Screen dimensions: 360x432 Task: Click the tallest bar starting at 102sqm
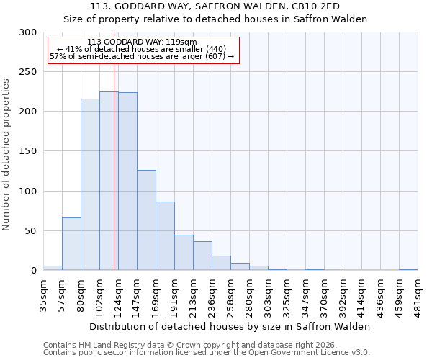[x=109, y=181]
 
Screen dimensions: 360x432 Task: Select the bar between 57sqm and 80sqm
[x=71, y=243]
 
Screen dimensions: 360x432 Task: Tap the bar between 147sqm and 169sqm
[x=146, y=220]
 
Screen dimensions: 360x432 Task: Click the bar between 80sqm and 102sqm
[x=90, y=184]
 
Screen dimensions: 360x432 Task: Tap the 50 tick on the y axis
[x=32, y=231]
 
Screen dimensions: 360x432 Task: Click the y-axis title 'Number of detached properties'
[x=6, y=155]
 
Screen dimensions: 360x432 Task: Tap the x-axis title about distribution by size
[x=230, y=326]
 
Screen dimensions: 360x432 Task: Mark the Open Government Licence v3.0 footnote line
[x=207, y=352]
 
